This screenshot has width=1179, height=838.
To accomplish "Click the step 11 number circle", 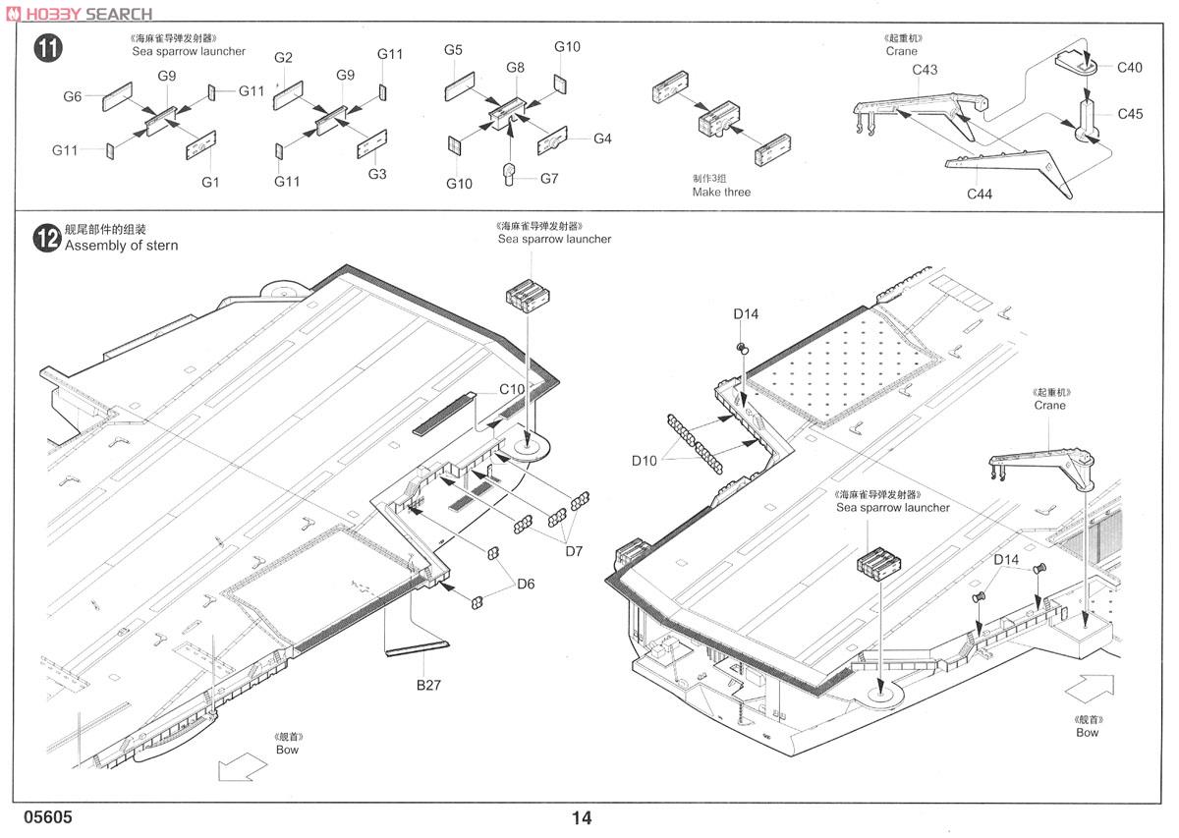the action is (48, 48).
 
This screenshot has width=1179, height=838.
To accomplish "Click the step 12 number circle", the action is (47, 239).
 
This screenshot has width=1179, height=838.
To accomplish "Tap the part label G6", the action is (72, 97).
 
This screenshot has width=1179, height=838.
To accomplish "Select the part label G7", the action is (549, 179).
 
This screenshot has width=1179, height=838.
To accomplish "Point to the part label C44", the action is (979, 195).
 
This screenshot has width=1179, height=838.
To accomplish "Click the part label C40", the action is (1130, 68).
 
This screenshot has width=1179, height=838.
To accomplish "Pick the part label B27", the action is (428, 685).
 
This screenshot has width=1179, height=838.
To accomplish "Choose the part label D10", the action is (645, 461).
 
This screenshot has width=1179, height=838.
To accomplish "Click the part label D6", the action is (526, 584).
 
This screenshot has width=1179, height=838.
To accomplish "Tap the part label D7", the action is (574, 551).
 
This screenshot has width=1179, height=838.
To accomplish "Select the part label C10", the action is (512, 389).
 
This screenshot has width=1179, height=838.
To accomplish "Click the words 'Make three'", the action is (721, 193).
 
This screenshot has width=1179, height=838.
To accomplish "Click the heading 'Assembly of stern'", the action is (121, 246).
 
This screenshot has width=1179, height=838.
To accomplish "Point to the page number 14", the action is (582, 817).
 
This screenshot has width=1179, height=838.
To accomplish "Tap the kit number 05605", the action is (48, 817).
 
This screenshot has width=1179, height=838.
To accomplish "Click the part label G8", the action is (515, 68).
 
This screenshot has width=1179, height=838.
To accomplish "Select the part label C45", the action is (1130, 114).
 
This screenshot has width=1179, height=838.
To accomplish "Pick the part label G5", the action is (453, 50).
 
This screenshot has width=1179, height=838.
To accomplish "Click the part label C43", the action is (925, 70).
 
